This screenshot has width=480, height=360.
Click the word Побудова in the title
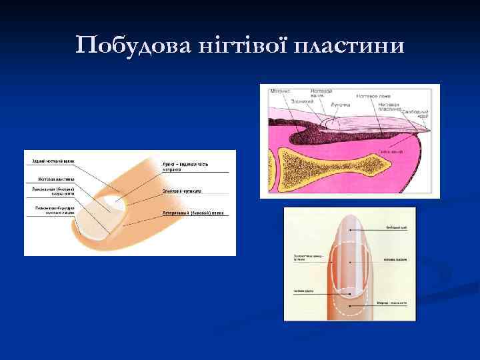[129, 45]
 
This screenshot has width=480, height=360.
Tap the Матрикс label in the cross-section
[280, 91]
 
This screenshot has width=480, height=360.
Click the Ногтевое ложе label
[375, 96]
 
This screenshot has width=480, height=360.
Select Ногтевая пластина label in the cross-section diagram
[389, 107]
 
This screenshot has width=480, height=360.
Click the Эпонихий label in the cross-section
[302, 101]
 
